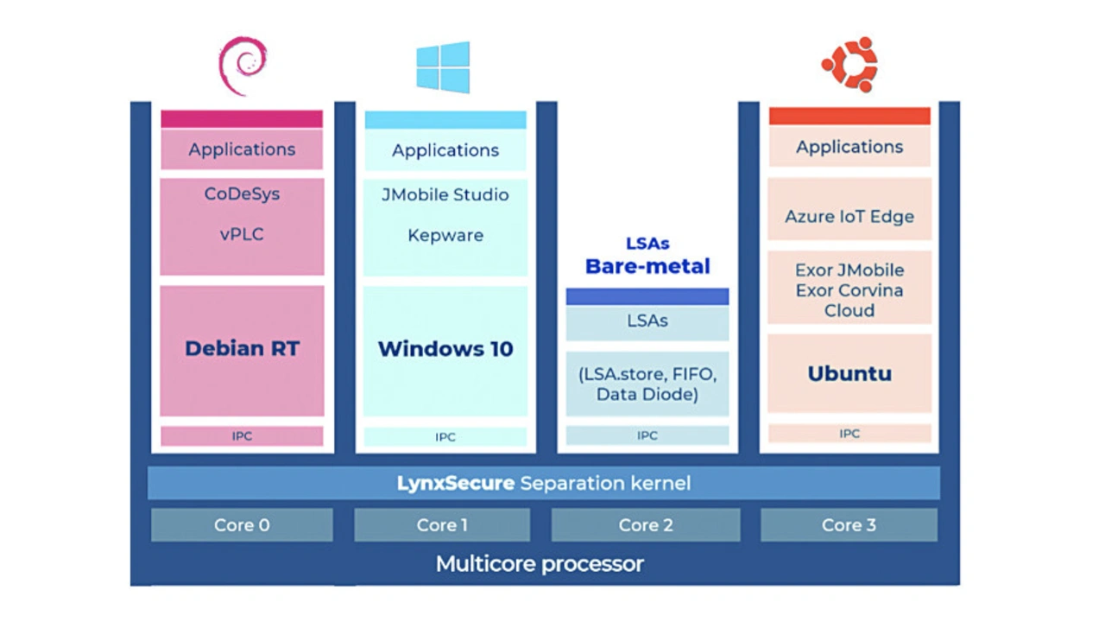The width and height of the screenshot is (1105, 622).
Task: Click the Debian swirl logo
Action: [243, 66]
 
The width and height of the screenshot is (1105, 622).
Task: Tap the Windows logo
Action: [443, 67]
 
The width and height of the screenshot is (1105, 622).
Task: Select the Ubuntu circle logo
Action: [849, 65]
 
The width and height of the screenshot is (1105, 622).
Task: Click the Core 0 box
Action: [242, 525]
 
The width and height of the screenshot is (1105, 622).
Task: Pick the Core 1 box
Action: [442, 525]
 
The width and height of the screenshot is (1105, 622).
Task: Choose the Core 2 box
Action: [646, 525]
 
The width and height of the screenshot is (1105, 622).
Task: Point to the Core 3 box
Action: [849, 525]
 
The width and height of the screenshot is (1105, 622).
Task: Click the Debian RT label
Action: [242, 349]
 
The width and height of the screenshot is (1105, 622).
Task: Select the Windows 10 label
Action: [445, 349]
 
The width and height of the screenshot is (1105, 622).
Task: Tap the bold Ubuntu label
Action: [849, 374]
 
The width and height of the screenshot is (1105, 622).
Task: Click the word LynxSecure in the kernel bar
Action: [455, 483]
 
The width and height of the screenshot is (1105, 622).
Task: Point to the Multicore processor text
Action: [540, 565]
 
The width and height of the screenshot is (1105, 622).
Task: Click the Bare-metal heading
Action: [647, 266]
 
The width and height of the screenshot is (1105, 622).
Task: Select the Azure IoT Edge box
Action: [849, 217]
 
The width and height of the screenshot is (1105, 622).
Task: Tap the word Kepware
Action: [445, 235]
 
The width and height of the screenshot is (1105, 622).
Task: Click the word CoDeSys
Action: [242, 194]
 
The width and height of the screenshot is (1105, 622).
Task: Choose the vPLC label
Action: [242, 234]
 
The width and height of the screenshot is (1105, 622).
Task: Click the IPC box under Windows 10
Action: [445, 437]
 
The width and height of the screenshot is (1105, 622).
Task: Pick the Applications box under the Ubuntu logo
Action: [849, 147]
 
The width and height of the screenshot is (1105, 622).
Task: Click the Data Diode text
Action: [647, 395]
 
